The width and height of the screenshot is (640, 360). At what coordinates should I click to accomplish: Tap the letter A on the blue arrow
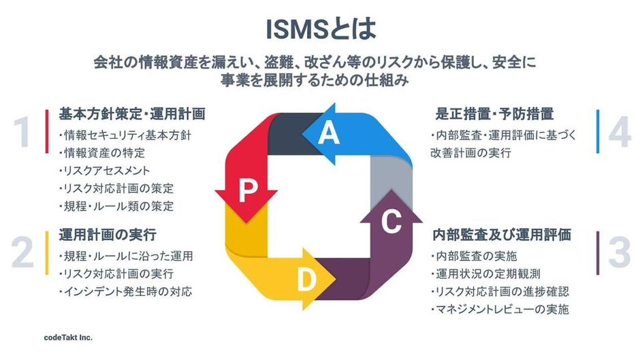pyautogui.click(x=329, y=134)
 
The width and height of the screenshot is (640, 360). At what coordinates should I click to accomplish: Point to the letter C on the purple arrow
pyautogui.click(x=391, y=222)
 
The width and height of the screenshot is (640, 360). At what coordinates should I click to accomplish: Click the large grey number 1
pyautogui.click(x=22, y=132)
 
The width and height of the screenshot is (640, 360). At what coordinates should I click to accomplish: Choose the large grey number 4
pyautogui.click(x=620, y=132)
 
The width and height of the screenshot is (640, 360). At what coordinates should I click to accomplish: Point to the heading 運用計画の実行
pyautogui.click(x=108, y=235)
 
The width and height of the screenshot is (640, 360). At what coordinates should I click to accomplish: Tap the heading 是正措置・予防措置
pyautogui.click(x=494, y=113)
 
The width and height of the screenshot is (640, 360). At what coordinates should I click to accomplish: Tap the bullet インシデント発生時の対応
pyautogui.click(x=125, y=292)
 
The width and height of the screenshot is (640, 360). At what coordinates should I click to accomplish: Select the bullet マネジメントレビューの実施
pyautogui.click(x=499, y=310)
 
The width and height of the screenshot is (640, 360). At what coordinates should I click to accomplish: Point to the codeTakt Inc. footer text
pyautogui.click(x=64, y=338)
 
